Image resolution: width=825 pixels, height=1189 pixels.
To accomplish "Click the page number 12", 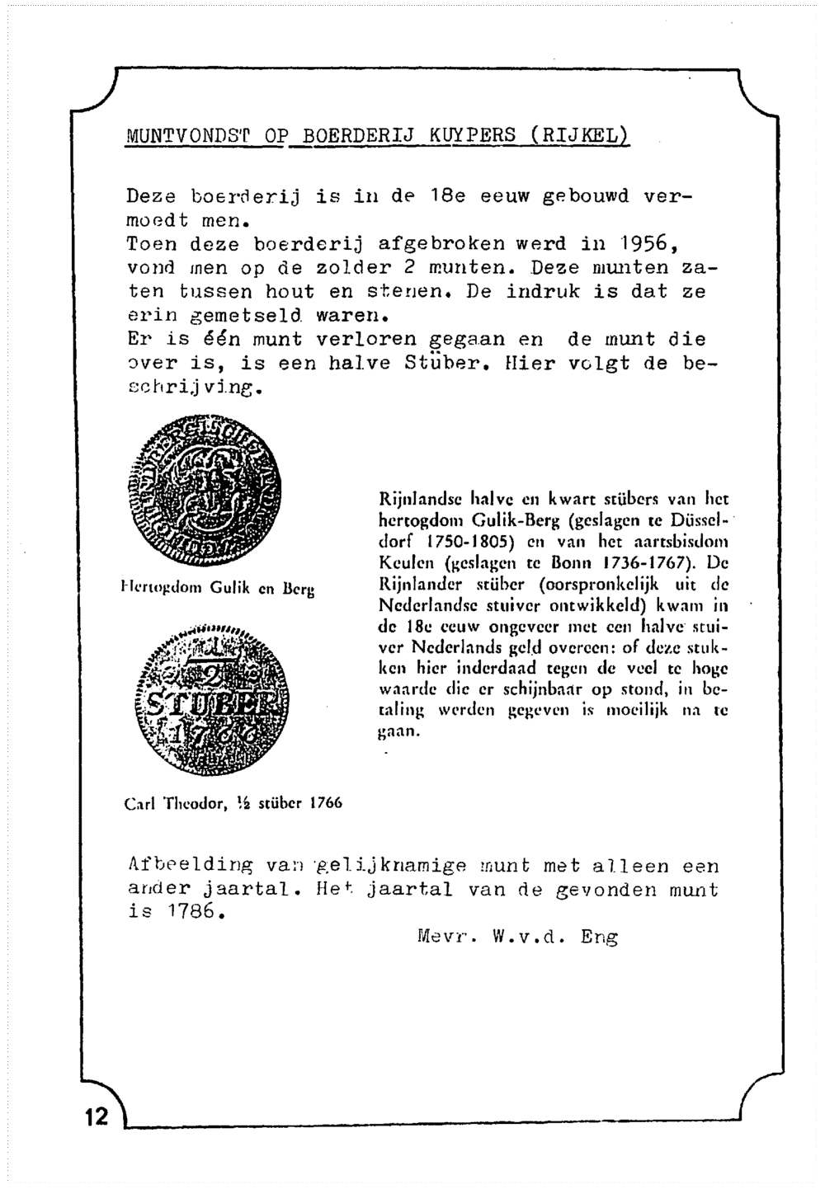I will click(x=96, y=1116).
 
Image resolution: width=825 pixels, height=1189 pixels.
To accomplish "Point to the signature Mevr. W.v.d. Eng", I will click(x=518, y=937).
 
